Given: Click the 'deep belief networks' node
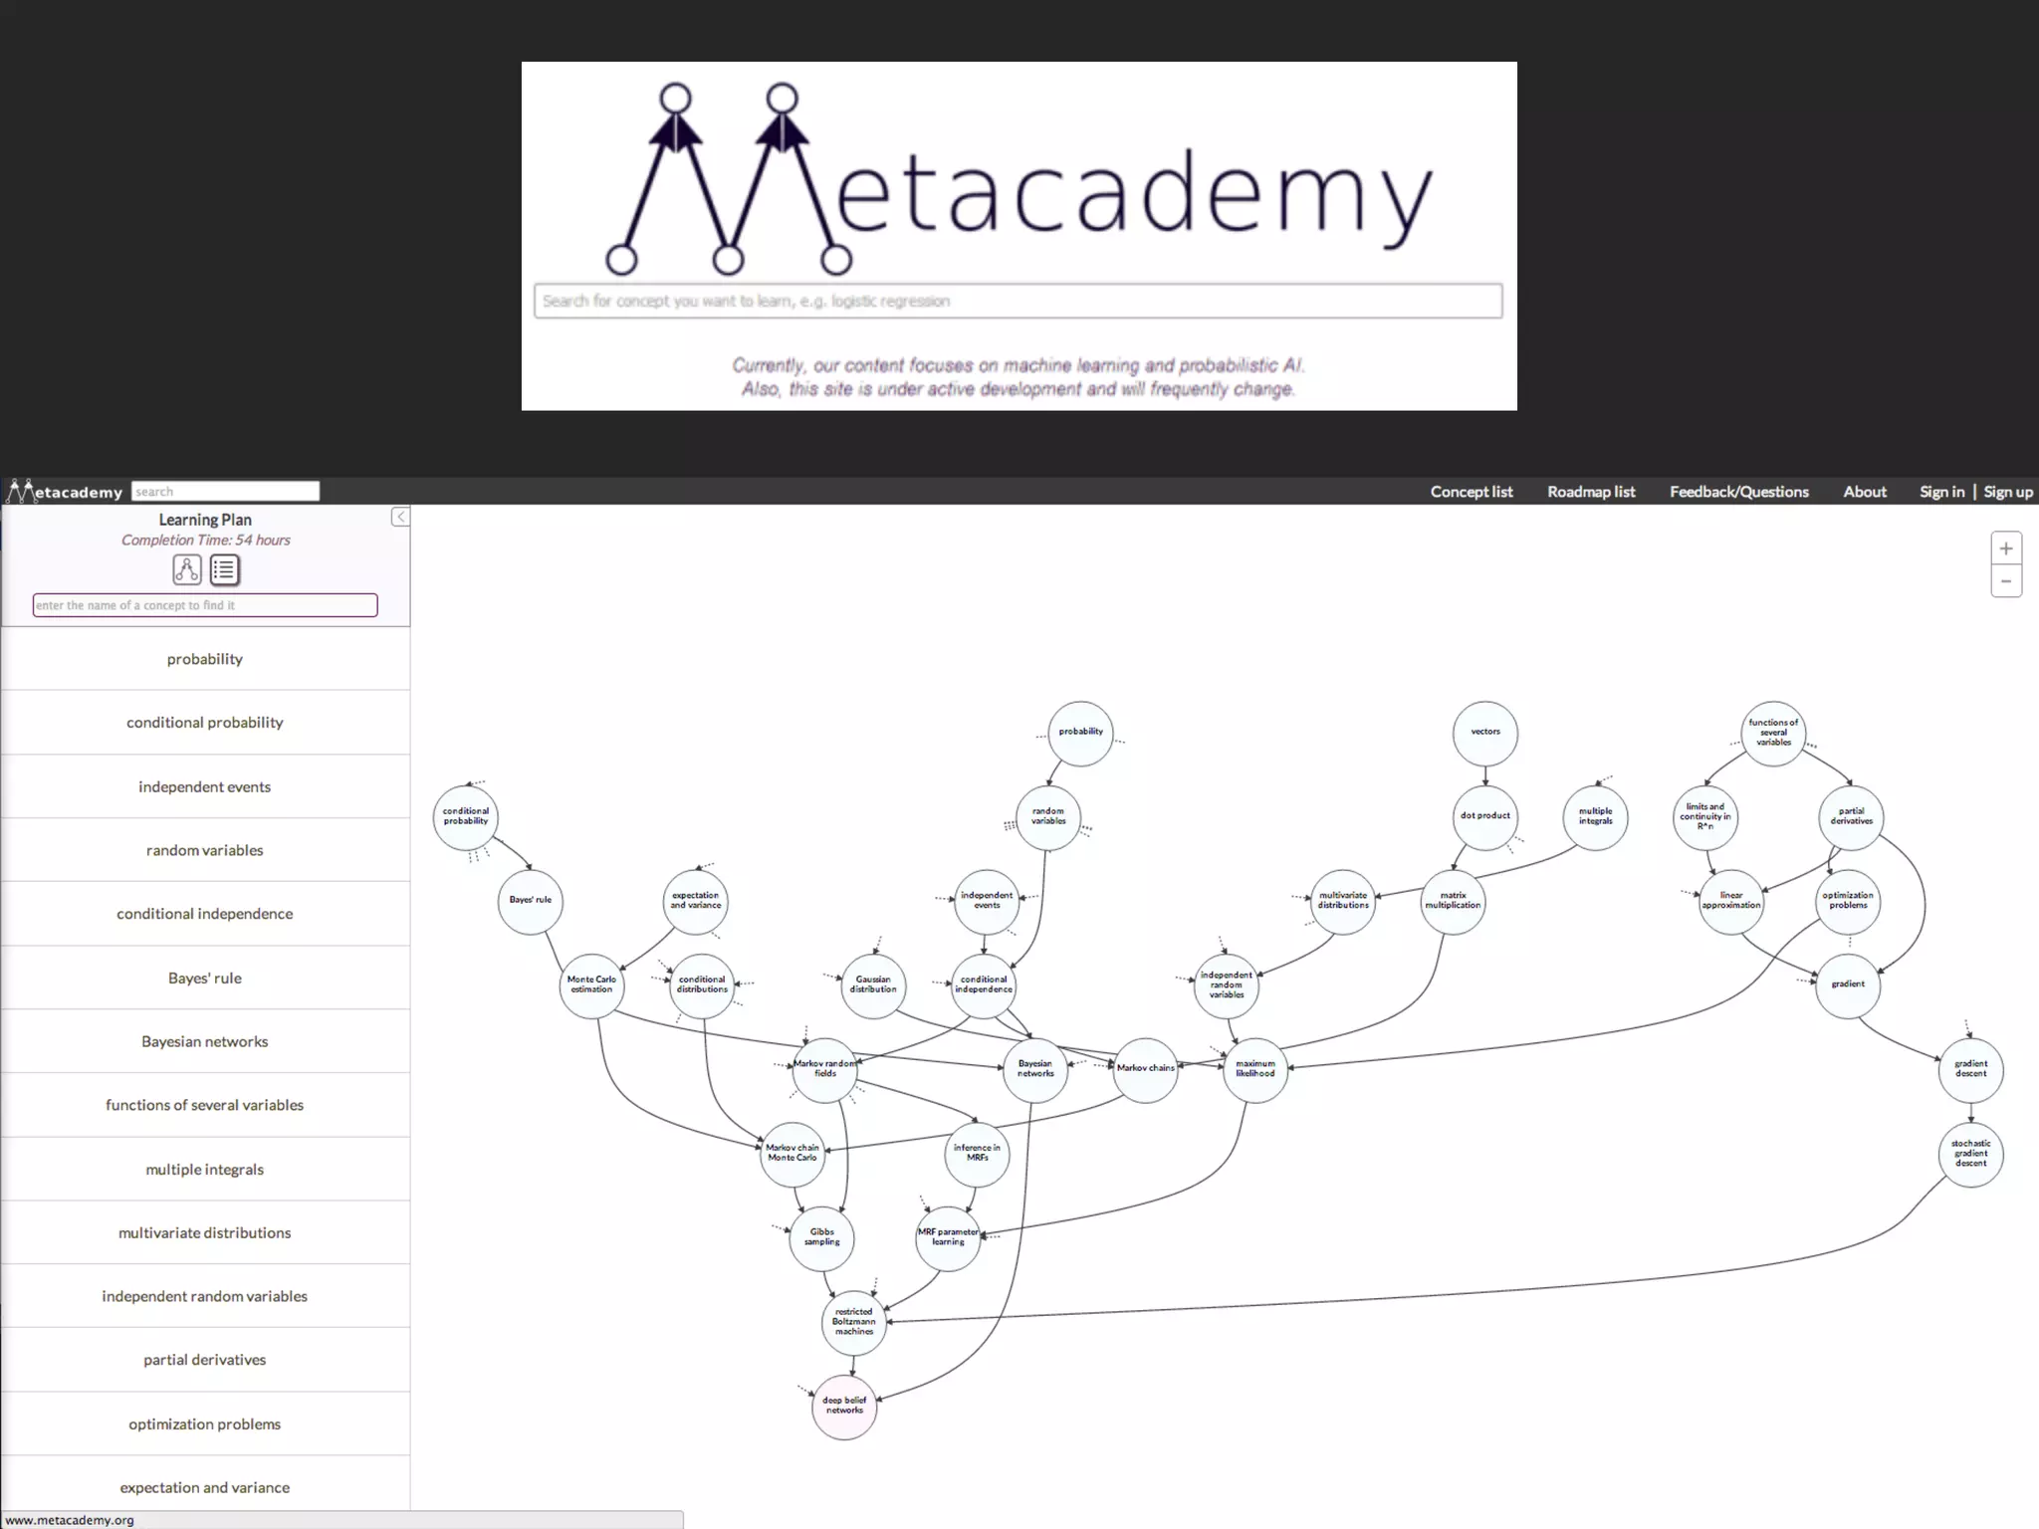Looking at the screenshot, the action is (x=844, y=1406).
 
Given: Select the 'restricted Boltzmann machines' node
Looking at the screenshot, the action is (x=854, y=1322).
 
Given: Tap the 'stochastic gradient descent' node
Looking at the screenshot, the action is (x=1970, y=1154).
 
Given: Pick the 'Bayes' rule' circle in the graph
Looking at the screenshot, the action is (x=530, y=901).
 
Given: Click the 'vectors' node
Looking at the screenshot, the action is (x=1484, y=733).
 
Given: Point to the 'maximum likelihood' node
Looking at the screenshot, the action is (x=1254, y=1069).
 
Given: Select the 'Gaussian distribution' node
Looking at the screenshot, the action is (x=873, y=984).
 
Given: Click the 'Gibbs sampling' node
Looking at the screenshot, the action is (x=821, y=1237).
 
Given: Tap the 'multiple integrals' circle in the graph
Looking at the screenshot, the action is (x=1595, y=817).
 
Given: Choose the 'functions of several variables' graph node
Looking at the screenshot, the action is (x=1772, y=733).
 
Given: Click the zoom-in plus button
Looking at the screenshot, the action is (x=2005, y=548).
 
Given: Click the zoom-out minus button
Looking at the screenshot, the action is (x=2005, y=581).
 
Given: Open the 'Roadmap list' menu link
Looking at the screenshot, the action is (x=1591, y=492).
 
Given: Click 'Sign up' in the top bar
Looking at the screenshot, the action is (x=2007, y=492).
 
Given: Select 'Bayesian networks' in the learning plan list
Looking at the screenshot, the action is (x=205, y=1041).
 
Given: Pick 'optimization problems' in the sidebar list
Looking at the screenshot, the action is (x=205, y=1423).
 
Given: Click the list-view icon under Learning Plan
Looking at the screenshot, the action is (x=225, y=569).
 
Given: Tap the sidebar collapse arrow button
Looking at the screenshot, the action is (x=400, y=517).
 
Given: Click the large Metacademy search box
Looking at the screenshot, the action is (x=1018, y=301).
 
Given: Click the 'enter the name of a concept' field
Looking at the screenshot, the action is (x=205, y=605).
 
